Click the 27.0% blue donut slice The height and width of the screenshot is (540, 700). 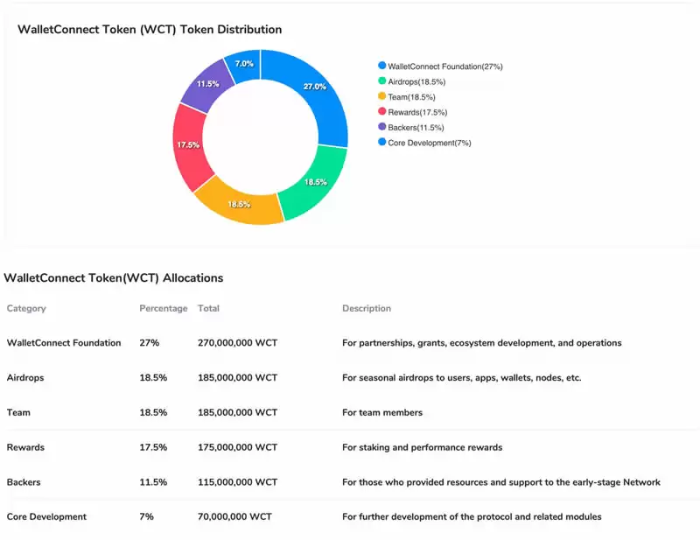(313, 88)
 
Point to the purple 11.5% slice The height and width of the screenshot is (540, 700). (208, 84)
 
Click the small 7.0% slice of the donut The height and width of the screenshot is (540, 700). (244, 65)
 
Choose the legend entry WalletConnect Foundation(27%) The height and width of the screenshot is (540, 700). (444, 67)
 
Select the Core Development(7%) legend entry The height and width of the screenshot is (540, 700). (429, 143)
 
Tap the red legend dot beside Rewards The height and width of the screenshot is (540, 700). (381, 112)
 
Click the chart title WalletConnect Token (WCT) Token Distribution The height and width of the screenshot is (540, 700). (150, 30)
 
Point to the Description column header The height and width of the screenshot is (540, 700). (366, 309)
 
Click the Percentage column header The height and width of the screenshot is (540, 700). (163, 309)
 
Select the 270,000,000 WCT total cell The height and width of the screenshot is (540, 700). (237, 343)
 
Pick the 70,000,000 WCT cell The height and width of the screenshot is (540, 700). (234, 517)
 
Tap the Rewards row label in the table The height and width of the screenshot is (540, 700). (25, 447)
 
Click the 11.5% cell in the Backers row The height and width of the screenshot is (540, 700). (153, 482)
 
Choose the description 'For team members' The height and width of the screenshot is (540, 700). (381, 413)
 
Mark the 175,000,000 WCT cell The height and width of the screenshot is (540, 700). (237, 447)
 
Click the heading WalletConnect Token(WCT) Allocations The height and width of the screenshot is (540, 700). (114, 278)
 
